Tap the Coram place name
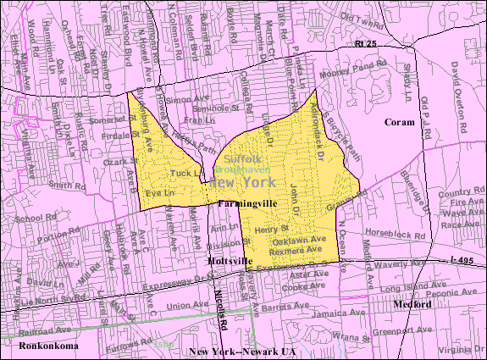pos(399,122)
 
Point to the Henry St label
pos(272,228)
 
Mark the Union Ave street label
pos(187,306)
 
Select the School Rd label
pos(32,219)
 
